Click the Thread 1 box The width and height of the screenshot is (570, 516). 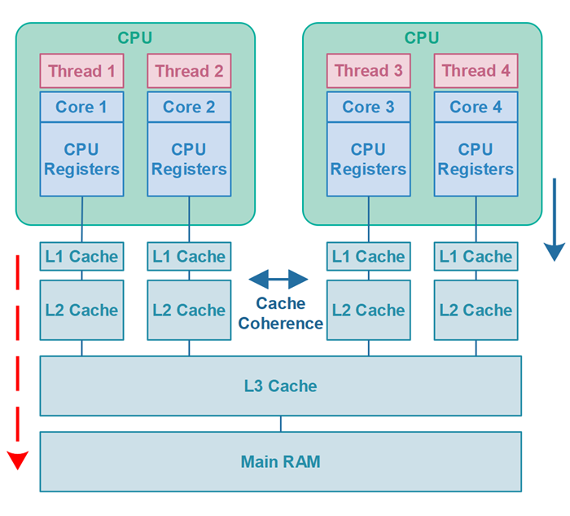tap(81, 71)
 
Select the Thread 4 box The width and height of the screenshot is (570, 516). tap(476, 71)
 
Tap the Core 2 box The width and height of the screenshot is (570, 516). tap(189, 107)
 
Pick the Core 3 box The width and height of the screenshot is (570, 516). tap(368, 107)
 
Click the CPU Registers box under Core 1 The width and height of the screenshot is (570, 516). tap(81, 160)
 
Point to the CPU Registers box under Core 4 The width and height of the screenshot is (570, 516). tap(476, 160)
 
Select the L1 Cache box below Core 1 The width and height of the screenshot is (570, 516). tap(81, 257)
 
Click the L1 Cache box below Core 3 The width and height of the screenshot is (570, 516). tap(368, 257)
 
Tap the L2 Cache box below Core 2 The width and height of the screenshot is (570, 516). tap(189, 310)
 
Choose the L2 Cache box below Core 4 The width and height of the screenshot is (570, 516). tap(476, 310)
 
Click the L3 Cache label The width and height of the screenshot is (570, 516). tap(280, 386)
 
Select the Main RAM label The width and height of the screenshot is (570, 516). tap(280, 462)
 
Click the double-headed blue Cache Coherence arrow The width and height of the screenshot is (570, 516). tap(278, 280)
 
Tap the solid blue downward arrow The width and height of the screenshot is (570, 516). tap(555, 220)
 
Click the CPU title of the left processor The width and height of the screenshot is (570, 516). tap(135, 37)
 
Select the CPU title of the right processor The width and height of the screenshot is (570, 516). tap(422, 37)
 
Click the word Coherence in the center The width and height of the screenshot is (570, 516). tap(280, 324)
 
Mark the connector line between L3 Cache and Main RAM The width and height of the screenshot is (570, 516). tap(281, 424)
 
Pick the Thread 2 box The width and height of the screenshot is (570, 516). tap(189, 71)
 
